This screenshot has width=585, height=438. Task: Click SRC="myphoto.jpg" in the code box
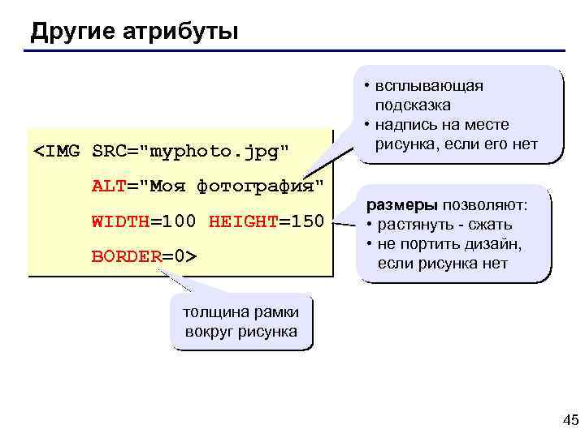point(191,152)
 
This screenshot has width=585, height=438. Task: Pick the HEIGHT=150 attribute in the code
point(266,221)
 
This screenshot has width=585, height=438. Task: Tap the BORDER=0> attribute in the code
point(144,256)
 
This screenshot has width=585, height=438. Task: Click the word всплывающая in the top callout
point(428,87)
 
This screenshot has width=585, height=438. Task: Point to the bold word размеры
point(402,205)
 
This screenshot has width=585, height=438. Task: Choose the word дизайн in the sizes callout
point(496,244)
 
